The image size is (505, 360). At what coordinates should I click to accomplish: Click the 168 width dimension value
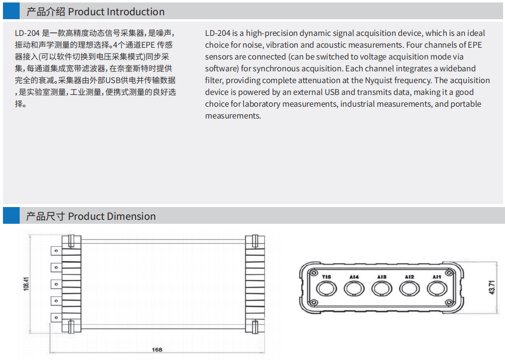coord(157,350)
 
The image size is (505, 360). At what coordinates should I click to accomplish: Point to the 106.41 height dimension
coord(26,284)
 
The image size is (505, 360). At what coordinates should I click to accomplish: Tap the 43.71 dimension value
coord(492,287)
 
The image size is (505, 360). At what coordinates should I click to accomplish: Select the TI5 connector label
coord(326,277)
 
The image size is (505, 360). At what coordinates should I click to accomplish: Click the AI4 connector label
coord(354,277)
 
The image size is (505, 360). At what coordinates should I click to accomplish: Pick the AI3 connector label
coord(382,277)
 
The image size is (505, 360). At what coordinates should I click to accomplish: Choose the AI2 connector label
coord(409,277)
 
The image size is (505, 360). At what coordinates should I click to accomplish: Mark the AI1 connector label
coord(437,277)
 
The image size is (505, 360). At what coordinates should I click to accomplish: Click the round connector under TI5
coord(326,289)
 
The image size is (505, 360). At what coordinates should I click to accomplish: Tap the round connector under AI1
coord(437,289)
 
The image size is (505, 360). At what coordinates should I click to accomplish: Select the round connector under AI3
coord(382,289)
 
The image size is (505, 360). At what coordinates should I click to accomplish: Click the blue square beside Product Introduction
coord(11,11)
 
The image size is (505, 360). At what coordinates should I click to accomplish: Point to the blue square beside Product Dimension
coord(11,215)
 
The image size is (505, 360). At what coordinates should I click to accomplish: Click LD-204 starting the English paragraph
coord(217,33)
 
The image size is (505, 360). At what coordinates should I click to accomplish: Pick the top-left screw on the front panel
coord(312,273)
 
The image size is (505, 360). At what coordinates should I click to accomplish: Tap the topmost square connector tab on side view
coord(56,251)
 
